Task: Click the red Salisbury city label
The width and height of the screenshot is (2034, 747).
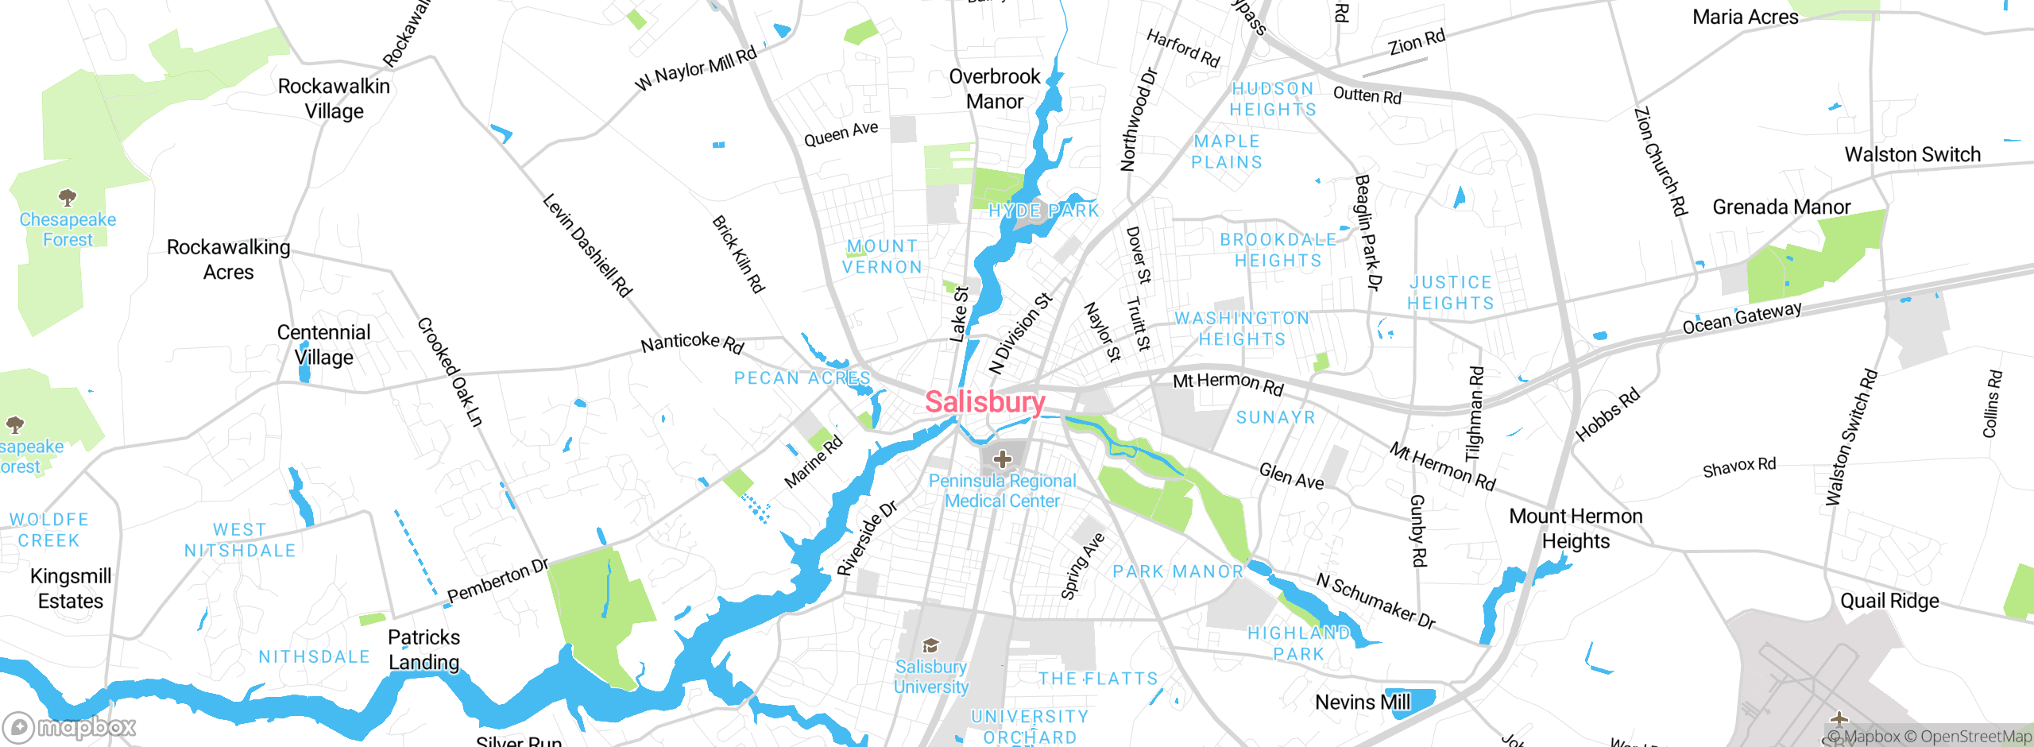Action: point(984,402)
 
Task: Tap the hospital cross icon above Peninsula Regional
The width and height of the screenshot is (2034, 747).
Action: point(1003,459)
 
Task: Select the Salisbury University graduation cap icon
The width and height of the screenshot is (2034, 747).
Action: point(930,645)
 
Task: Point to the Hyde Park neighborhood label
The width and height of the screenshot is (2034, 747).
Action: point(1044,211)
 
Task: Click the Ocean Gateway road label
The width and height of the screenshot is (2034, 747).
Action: point(1742,318)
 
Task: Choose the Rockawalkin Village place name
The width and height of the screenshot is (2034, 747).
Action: point(334,99)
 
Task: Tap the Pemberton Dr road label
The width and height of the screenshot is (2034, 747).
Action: point(497,582)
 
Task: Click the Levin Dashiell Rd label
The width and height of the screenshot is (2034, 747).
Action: point(587,246)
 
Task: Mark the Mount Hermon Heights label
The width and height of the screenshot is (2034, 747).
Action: point(1576,528)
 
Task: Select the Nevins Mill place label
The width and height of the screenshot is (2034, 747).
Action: point(1363,702)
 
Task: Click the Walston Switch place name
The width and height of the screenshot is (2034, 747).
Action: point(1912,155)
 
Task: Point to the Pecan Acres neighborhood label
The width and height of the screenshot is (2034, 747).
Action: point(802,378)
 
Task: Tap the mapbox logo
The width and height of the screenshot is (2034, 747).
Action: point(69,727)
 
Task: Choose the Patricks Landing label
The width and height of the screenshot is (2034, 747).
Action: point(423,650)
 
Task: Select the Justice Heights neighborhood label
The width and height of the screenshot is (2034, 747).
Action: point(1451,292)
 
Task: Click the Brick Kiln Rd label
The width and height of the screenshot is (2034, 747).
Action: point(738,254)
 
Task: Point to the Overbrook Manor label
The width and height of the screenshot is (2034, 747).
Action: point(995,89)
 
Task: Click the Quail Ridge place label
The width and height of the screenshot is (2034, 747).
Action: point(1889,601)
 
